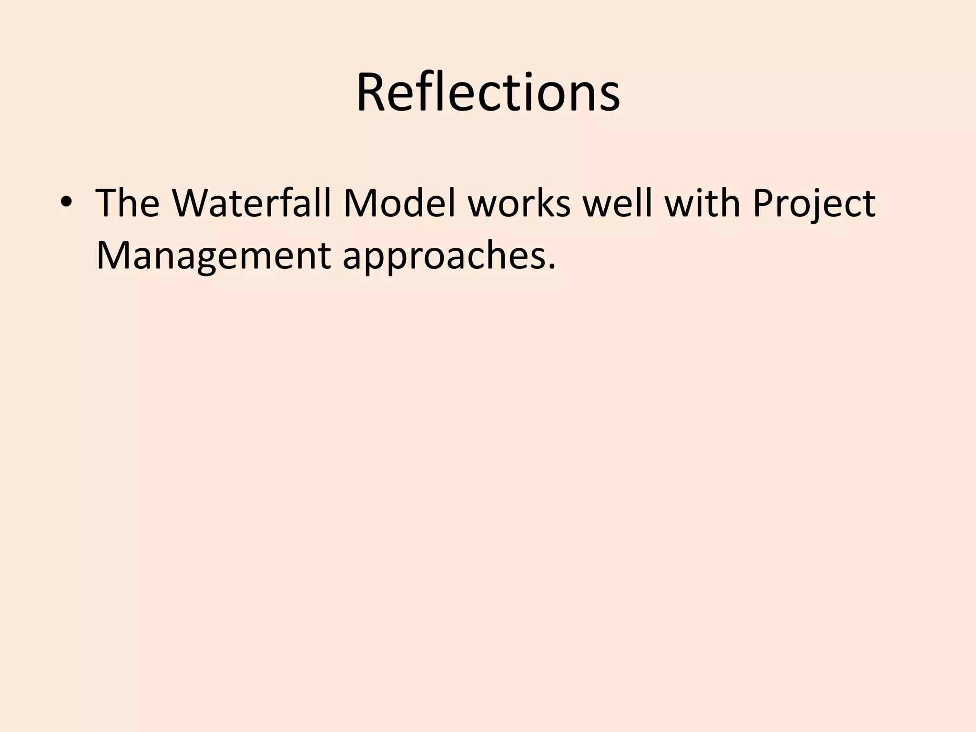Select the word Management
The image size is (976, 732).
click(213, 255)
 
